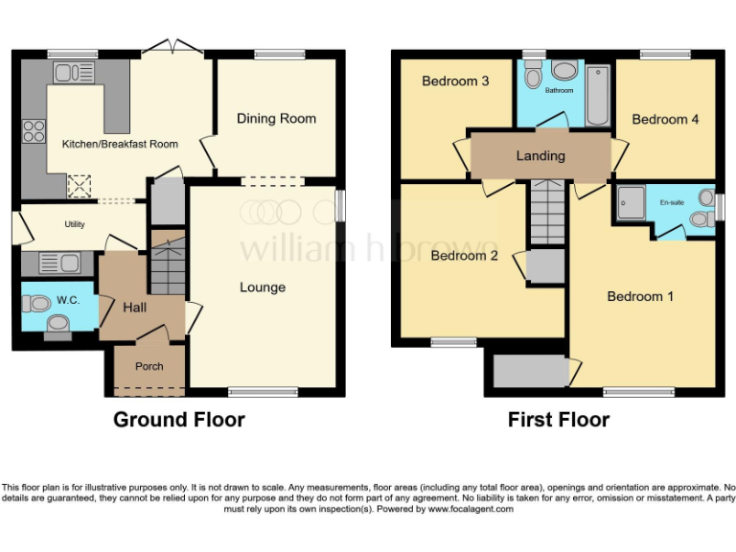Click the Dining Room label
pyautogui.click(x=276, y=119)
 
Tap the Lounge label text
pyautogui.click(x=262, y=287)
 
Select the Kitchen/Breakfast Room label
pyautogui.click(x=120, y=144)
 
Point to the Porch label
pyautogui.click(x=149, y=366)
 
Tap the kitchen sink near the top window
pyautogui.click(x=69, y=72)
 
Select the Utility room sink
pyautogui.click(x=52, y=261)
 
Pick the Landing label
pyautogui.click(x=540, y=155)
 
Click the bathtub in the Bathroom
pyautogui.click(x=597, y=95)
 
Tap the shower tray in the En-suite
pyautogui.click(x=632, y=201)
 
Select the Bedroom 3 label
pyautogui.click(x=455, y=81)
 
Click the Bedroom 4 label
pyautogui.click(x=665, y=119)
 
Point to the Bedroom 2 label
pyautogui.click(x=465, y=256)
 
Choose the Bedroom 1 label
pyautogui.click(x=640, y=296)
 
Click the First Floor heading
pyautogui.click(x=559, y=420)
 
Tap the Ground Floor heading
pyautogui.click(x=179, y=420)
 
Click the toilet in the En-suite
pyautogui.click(x=701, y=218)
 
